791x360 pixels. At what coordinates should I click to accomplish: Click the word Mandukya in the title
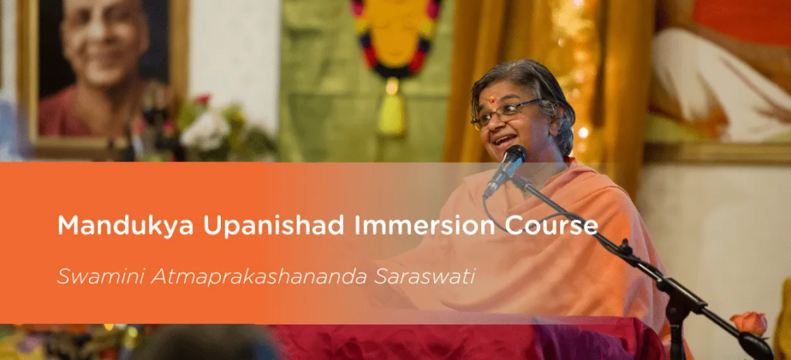point(125,226)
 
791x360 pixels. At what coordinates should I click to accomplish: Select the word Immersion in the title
point(424,226)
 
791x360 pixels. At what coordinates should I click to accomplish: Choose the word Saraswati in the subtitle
point(424,277)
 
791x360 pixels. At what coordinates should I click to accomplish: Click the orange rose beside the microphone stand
point(749,323)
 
